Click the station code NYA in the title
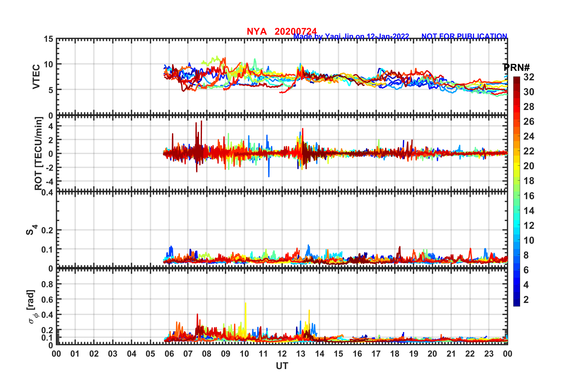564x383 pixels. click(256, 31)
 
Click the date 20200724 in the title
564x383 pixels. click(295, 31)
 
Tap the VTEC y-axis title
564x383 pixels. click(36, 76)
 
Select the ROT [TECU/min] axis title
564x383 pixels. click(39, 153)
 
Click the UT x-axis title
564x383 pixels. click(282, 366)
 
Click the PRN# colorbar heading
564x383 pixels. click(516, 68)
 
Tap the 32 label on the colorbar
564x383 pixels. click(529, 77)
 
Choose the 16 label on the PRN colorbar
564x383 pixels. click(529, 196)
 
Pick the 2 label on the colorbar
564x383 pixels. click(526, 300)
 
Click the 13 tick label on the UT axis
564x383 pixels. click(301, 354)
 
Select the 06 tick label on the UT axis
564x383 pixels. click(169, 354)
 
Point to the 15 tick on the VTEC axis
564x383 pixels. click(49, 39)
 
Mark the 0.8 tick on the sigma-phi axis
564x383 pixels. click(47, 284)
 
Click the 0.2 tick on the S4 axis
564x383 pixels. click(47, 230)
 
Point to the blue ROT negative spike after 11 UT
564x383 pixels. click(269, 175)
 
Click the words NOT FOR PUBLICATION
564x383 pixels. click(464, 36)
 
